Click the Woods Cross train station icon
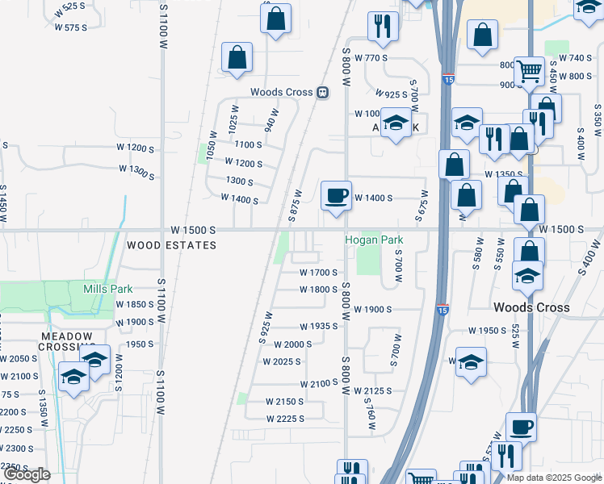coord(322,92)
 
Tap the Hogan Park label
coord(374,240)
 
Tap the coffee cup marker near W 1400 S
coord(336,195)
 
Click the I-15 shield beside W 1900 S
coord(442,309)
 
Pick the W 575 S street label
coord(70,27)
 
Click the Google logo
coord(27,474)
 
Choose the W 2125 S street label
coord(372,390)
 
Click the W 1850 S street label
coord(134,304)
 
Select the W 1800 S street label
coord(318,289)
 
